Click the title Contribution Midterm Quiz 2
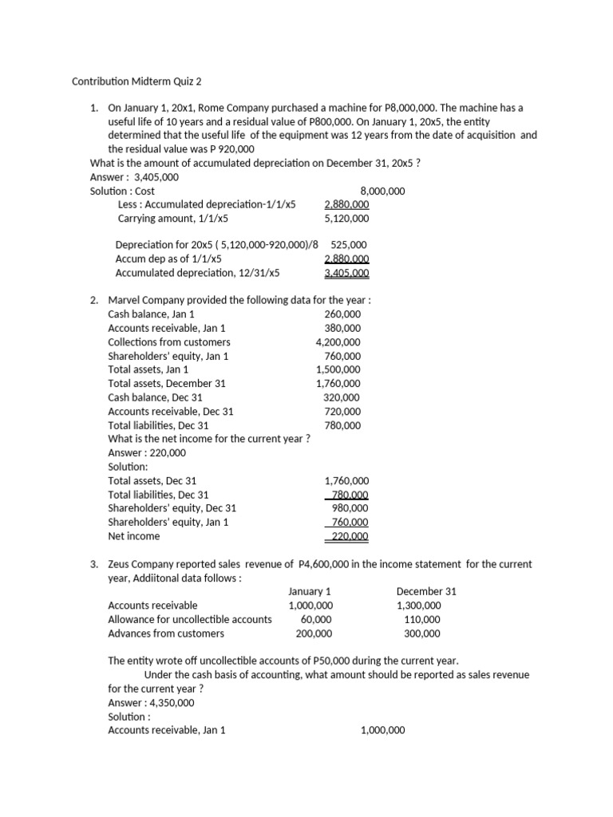point(138,81)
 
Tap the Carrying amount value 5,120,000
point(347,218)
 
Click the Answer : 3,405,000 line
point(135,177)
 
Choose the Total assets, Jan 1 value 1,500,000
point(338,369)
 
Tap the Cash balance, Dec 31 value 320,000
point(342,397)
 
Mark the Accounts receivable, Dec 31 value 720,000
point(342,412)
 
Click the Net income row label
point(133,536)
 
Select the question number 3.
point(94,564)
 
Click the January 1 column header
point(310,591)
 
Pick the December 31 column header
point(425,591)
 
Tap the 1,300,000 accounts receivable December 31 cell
point(418,606)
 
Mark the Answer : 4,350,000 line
point(151,702)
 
